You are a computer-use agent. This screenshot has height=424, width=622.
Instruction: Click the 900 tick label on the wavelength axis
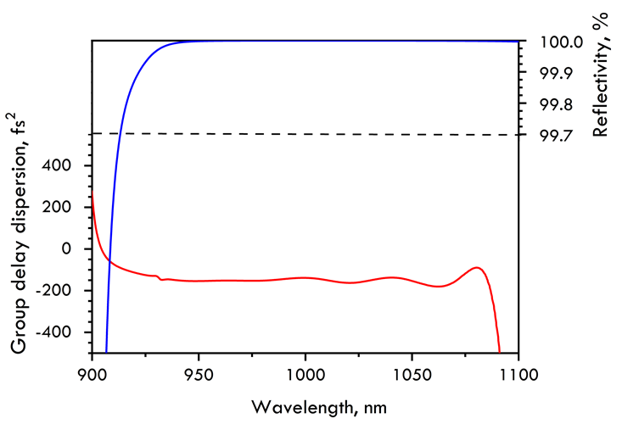(91, 371)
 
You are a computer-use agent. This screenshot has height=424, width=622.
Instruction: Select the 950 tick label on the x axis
(199, 371)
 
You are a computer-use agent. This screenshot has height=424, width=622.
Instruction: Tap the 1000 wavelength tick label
(305, 371)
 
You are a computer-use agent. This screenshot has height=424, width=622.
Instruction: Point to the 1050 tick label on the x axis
(412, 371)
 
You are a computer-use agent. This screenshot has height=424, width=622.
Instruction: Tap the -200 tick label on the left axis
(64, 290)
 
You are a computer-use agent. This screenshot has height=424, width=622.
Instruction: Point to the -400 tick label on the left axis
(64, 332)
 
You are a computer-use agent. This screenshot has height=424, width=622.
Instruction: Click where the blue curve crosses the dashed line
(121, 133)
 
